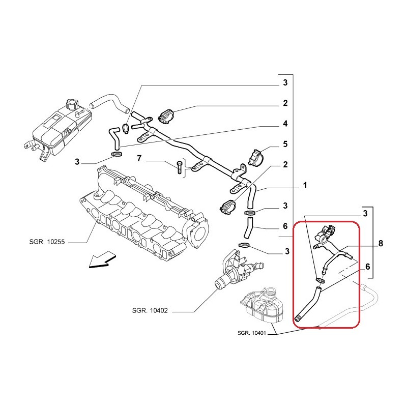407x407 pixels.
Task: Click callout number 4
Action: point(285,124)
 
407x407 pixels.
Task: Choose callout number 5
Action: point(285,144)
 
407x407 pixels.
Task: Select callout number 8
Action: point(381,244)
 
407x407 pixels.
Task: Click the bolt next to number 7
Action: point(179,166)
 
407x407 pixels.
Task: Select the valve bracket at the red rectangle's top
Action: point(325,236)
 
